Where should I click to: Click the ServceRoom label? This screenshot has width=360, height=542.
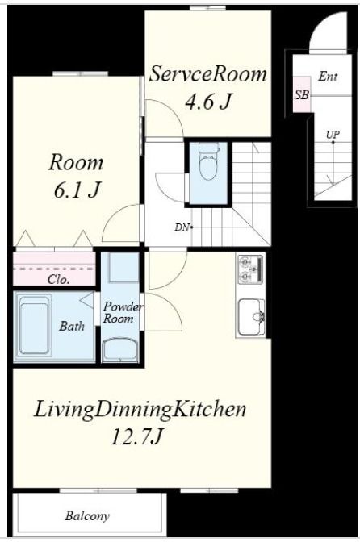(207, 74)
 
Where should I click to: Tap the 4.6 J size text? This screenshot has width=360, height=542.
(207, 102)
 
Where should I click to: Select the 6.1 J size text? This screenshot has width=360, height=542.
(77, 190)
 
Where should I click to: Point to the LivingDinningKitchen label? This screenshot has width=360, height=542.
(140, 409)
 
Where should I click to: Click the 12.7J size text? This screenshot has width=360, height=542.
(136, 436)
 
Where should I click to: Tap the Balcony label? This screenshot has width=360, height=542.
(87, 515)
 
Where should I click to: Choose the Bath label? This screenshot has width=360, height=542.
(72, 326)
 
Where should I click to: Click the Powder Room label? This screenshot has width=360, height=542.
(122, 312)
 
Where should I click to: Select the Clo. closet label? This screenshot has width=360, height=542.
(58, 279)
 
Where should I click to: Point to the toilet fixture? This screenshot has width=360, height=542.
(208, 162)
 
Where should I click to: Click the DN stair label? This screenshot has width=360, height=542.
(182, 227)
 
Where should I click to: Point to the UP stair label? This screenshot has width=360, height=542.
(333, 134)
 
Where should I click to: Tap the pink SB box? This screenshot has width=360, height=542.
(302, 94)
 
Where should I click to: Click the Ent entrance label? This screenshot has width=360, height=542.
(328, 76)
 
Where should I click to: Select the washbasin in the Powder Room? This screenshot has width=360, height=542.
(120, 350)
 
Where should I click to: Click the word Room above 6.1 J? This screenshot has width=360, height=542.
(76, 162)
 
